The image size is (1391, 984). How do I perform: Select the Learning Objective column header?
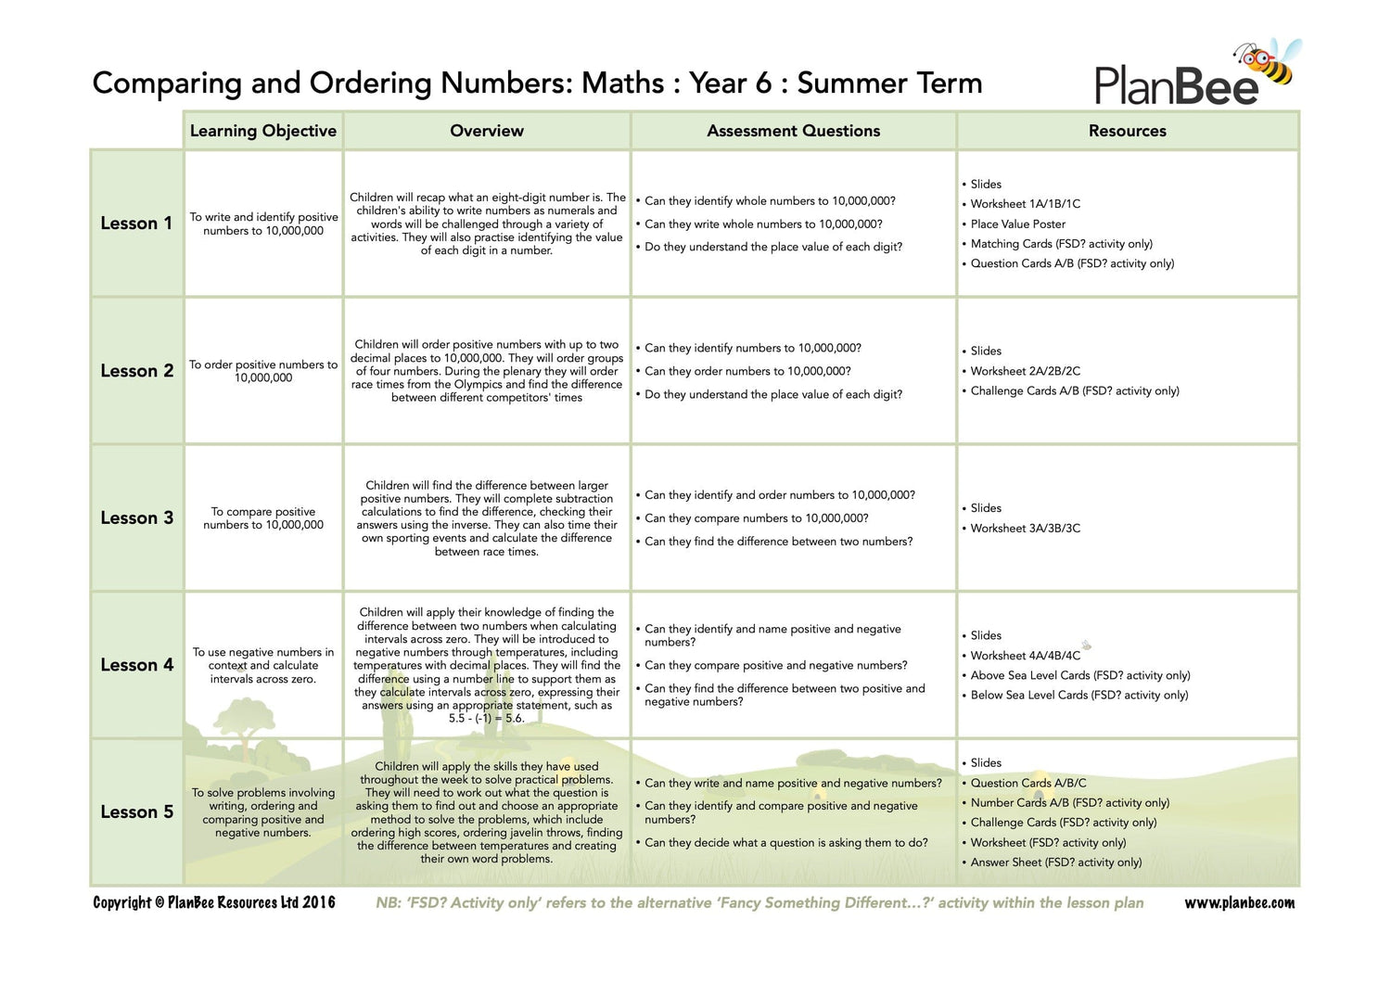[263, 131]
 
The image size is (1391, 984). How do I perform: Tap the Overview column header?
[487, 131]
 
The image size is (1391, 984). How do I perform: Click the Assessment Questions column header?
[793, 131]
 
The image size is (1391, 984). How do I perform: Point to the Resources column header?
[1127, 131]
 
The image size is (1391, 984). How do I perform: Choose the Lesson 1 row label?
[136, 224]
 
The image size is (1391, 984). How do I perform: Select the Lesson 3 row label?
[136, 518]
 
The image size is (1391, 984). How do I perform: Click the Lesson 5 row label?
[136, 811]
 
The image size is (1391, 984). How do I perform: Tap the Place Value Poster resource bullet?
[1017, 224]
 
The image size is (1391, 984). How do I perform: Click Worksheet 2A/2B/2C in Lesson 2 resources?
[1025, 371]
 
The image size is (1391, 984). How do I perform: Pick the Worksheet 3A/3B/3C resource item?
[1025, 529]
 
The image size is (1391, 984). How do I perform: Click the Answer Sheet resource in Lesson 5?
[1055, 863]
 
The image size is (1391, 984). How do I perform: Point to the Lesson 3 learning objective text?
[263, 518]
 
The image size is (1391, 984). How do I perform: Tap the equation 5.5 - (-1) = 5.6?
[486, 719]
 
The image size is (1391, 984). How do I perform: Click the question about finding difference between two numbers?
[778, 542]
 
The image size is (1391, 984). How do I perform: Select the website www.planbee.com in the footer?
[1239, 902]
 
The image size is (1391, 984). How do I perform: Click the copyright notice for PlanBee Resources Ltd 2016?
[214, 902]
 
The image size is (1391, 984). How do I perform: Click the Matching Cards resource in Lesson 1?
[1061, 244]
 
